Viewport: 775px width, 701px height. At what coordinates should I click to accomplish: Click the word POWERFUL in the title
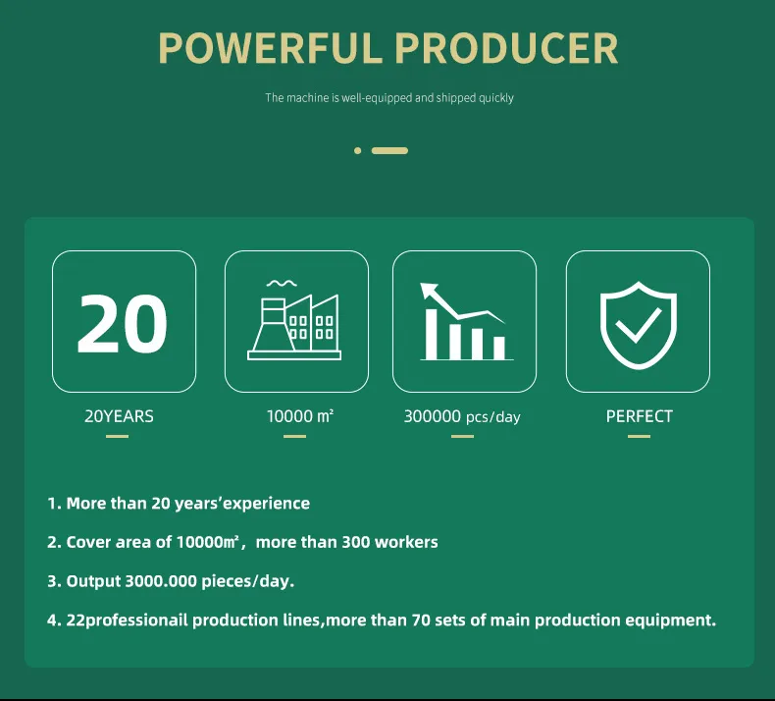point(270,48)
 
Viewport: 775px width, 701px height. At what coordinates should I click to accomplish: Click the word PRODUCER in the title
point(506,48)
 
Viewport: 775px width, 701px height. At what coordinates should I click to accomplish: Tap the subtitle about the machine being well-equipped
point(389,98)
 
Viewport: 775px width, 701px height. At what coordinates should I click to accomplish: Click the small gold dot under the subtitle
point(358,150)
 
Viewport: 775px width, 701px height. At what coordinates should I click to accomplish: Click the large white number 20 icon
point(122,324)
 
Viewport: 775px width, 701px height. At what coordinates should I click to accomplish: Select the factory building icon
point(294,321)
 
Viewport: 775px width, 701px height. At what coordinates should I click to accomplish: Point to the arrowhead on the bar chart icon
point(429,290)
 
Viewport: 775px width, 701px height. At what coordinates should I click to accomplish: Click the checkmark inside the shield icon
point(638,325)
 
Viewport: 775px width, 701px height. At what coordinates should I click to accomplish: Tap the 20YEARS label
point(119,416)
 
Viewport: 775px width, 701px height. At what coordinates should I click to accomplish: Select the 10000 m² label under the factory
point(300,416)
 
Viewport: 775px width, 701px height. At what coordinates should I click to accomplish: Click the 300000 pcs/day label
point(462,416)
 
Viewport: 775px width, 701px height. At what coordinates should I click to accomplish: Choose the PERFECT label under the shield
point(639,416)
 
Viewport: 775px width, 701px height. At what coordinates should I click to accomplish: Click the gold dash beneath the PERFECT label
point(639,436)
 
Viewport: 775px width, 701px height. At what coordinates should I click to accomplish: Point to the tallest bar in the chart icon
point(432,335)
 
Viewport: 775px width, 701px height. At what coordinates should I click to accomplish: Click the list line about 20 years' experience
point(179,503)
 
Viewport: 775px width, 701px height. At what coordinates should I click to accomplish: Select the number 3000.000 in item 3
point(161,581)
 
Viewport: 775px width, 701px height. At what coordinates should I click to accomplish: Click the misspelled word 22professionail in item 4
point(127,620)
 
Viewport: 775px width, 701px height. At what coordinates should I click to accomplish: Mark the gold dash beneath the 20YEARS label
point(117,436)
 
